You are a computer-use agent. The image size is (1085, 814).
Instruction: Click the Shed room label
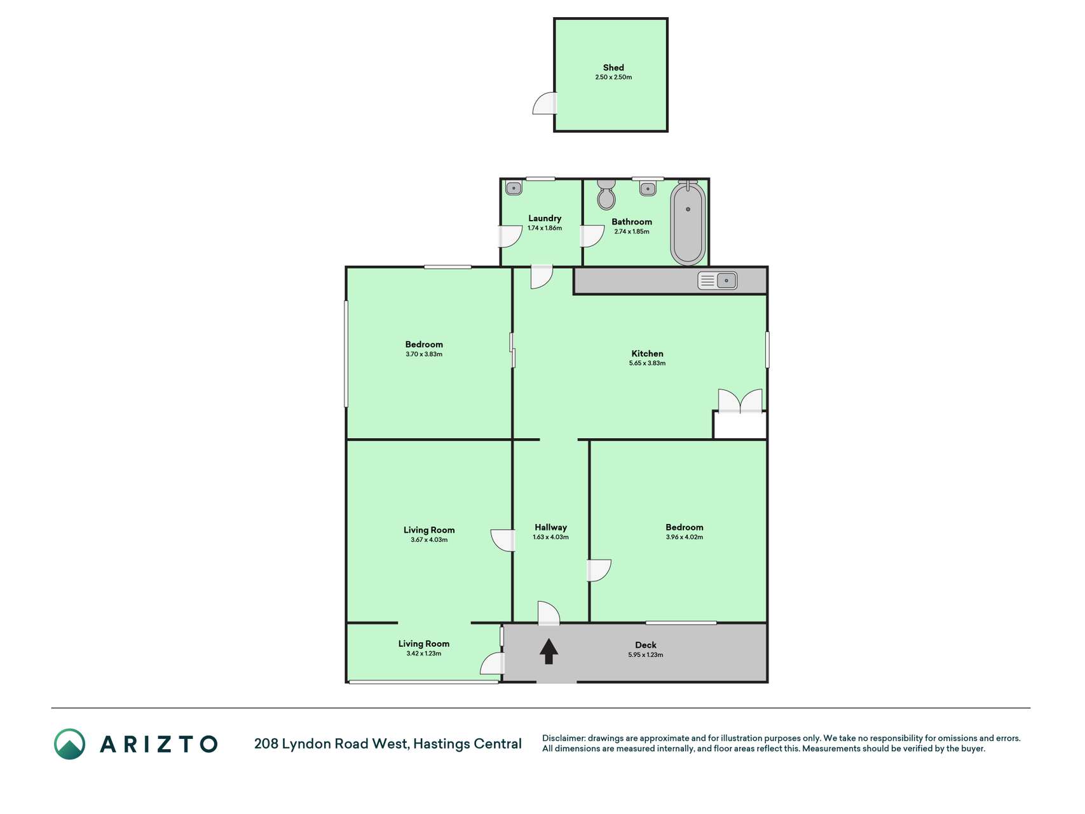[x=613, y=67]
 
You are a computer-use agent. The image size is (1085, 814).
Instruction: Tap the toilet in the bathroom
[x=606, y=195]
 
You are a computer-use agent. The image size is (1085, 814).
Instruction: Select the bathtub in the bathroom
[x=688, y=223]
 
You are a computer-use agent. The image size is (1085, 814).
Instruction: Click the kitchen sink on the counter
[x=718, y=280]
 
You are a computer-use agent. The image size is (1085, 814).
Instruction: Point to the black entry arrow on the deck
[x=549, y=651]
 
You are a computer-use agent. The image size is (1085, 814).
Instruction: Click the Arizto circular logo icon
[x=69, y=743]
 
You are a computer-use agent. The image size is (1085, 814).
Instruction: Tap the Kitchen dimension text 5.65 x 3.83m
[x=647, y=363]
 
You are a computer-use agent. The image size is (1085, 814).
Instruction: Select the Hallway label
[x=550, y=527]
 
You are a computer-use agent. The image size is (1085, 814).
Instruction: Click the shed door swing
[x=545, y=104]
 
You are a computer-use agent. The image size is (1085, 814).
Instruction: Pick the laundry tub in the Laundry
[x=514, y=188]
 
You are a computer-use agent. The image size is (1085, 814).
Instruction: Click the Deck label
[x=646, y=645]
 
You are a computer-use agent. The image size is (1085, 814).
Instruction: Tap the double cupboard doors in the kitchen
[x=740, y=401]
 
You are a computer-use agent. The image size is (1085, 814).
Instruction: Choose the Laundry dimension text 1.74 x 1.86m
[x=545, y=228]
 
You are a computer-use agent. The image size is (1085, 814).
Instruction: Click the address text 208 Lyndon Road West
[x=331, y=743]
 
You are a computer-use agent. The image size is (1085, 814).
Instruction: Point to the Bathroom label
[x=632, y=222]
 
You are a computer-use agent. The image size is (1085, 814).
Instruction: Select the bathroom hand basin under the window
[x=648, y=188]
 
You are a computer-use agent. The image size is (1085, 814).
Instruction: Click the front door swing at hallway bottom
[x=549, y=612]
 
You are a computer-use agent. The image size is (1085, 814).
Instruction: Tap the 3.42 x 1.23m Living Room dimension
[x=424, y=654]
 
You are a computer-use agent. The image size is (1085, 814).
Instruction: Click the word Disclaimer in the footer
[x=563, y=738]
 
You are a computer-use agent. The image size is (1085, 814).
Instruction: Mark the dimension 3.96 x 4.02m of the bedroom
[x=685, y=537]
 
